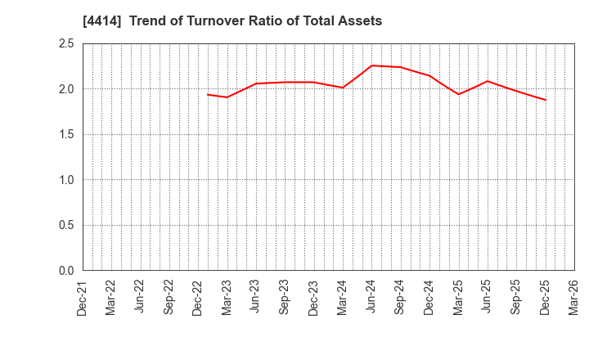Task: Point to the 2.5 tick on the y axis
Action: [66, 43]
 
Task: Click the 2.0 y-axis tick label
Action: [66, 89]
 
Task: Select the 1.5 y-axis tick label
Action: [66, 134]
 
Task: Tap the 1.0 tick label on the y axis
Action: [66, 180]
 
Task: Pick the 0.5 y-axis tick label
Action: [66, 225]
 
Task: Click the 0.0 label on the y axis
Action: [66, 271]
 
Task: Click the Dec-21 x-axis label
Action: [83, 299]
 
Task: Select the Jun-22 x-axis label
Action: [141, 299]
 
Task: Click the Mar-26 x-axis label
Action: [574, 299]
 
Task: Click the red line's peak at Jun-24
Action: [371, 65]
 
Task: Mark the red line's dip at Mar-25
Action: [458, 94]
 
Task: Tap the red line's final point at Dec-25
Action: [545, 100]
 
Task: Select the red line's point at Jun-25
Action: [488, 81]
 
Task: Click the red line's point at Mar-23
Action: [227, 97]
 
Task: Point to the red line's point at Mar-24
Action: [343, 88]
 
